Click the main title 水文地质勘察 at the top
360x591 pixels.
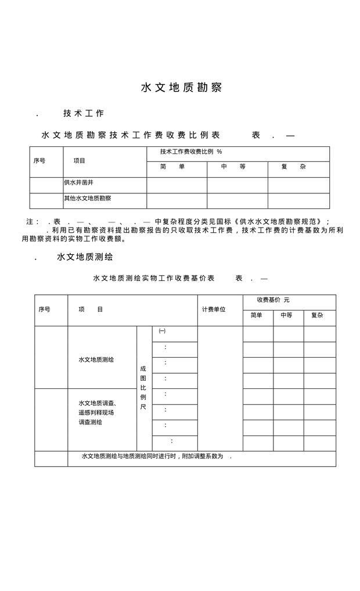(x=181, y=88)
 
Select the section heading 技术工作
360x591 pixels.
(x=84, y=113)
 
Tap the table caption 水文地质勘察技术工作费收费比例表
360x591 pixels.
(x=131, y=135)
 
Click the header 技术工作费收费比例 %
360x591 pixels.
(x=191, y=152)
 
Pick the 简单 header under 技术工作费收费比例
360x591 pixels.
(x=172, y=167)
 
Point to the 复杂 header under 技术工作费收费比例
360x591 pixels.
(x=293, y=167)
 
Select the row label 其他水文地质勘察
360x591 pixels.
(x=88, y=199)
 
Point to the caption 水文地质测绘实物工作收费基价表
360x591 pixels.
(x=154, y=278)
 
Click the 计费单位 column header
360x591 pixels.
(x=213, y=309)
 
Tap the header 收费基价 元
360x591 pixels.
(x=273, y=300)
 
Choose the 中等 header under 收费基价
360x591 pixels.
(x=286, y=315)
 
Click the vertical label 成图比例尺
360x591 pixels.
(x=143, y=387)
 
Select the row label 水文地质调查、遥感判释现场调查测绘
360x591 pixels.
(x=97, y=412)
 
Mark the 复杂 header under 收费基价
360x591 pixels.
(x=317, y=315)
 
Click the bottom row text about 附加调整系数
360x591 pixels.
(x=157, y=456)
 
